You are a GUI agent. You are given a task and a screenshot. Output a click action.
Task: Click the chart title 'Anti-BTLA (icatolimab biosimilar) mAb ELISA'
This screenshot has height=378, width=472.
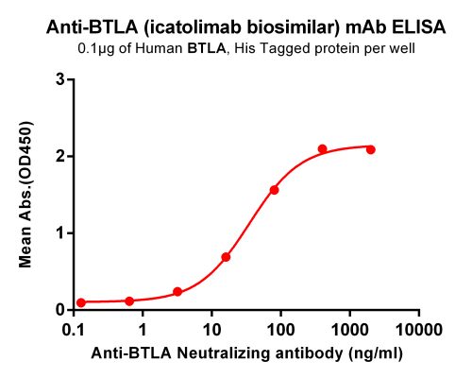[235, 29]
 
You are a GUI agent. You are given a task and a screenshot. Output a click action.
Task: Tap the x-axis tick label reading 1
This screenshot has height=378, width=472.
[143, 330]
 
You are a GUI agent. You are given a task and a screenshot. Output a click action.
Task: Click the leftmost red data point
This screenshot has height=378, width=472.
[81, 302]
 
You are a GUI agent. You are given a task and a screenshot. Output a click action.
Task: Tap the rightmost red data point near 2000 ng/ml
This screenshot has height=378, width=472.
[370, 149]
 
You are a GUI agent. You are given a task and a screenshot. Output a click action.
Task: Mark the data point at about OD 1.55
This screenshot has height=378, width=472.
[274, 190]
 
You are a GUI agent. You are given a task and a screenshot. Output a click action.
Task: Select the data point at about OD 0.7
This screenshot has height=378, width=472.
[226, 257]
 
